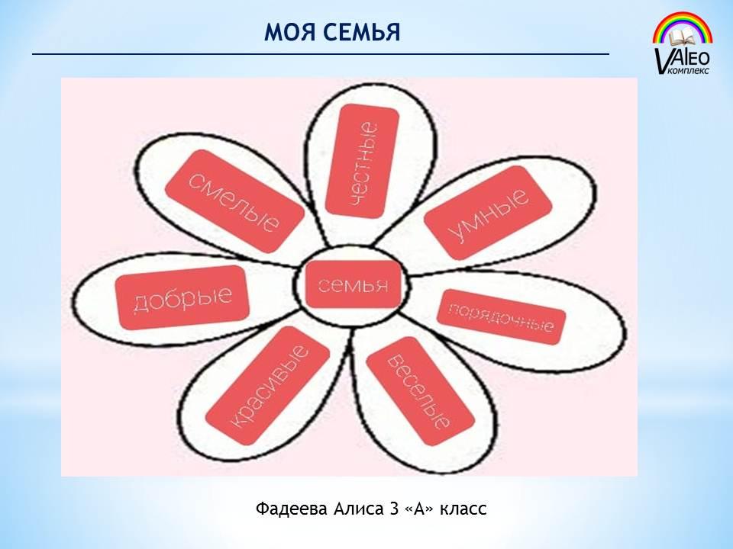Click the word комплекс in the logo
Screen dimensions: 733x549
[689, 70]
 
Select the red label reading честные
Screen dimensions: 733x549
[362, 161]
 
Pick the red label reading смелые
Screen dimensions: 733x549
[235, 201]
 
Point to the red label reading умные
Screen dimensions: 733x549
[488, 213]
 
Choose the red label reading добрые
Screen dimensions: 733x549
[182, 298]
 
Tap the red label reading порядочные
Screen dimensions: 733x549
[501, 317]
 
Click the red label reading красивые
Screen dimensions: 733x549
[268, 386]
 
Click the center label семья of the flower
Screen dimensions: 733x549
[353, 284]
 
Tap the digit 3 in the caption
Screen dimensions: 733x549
[393, 509]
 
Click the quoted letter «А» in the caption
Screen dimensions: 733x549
[419, 509]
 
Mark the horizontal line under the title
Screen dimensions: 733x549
[321, 54]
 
